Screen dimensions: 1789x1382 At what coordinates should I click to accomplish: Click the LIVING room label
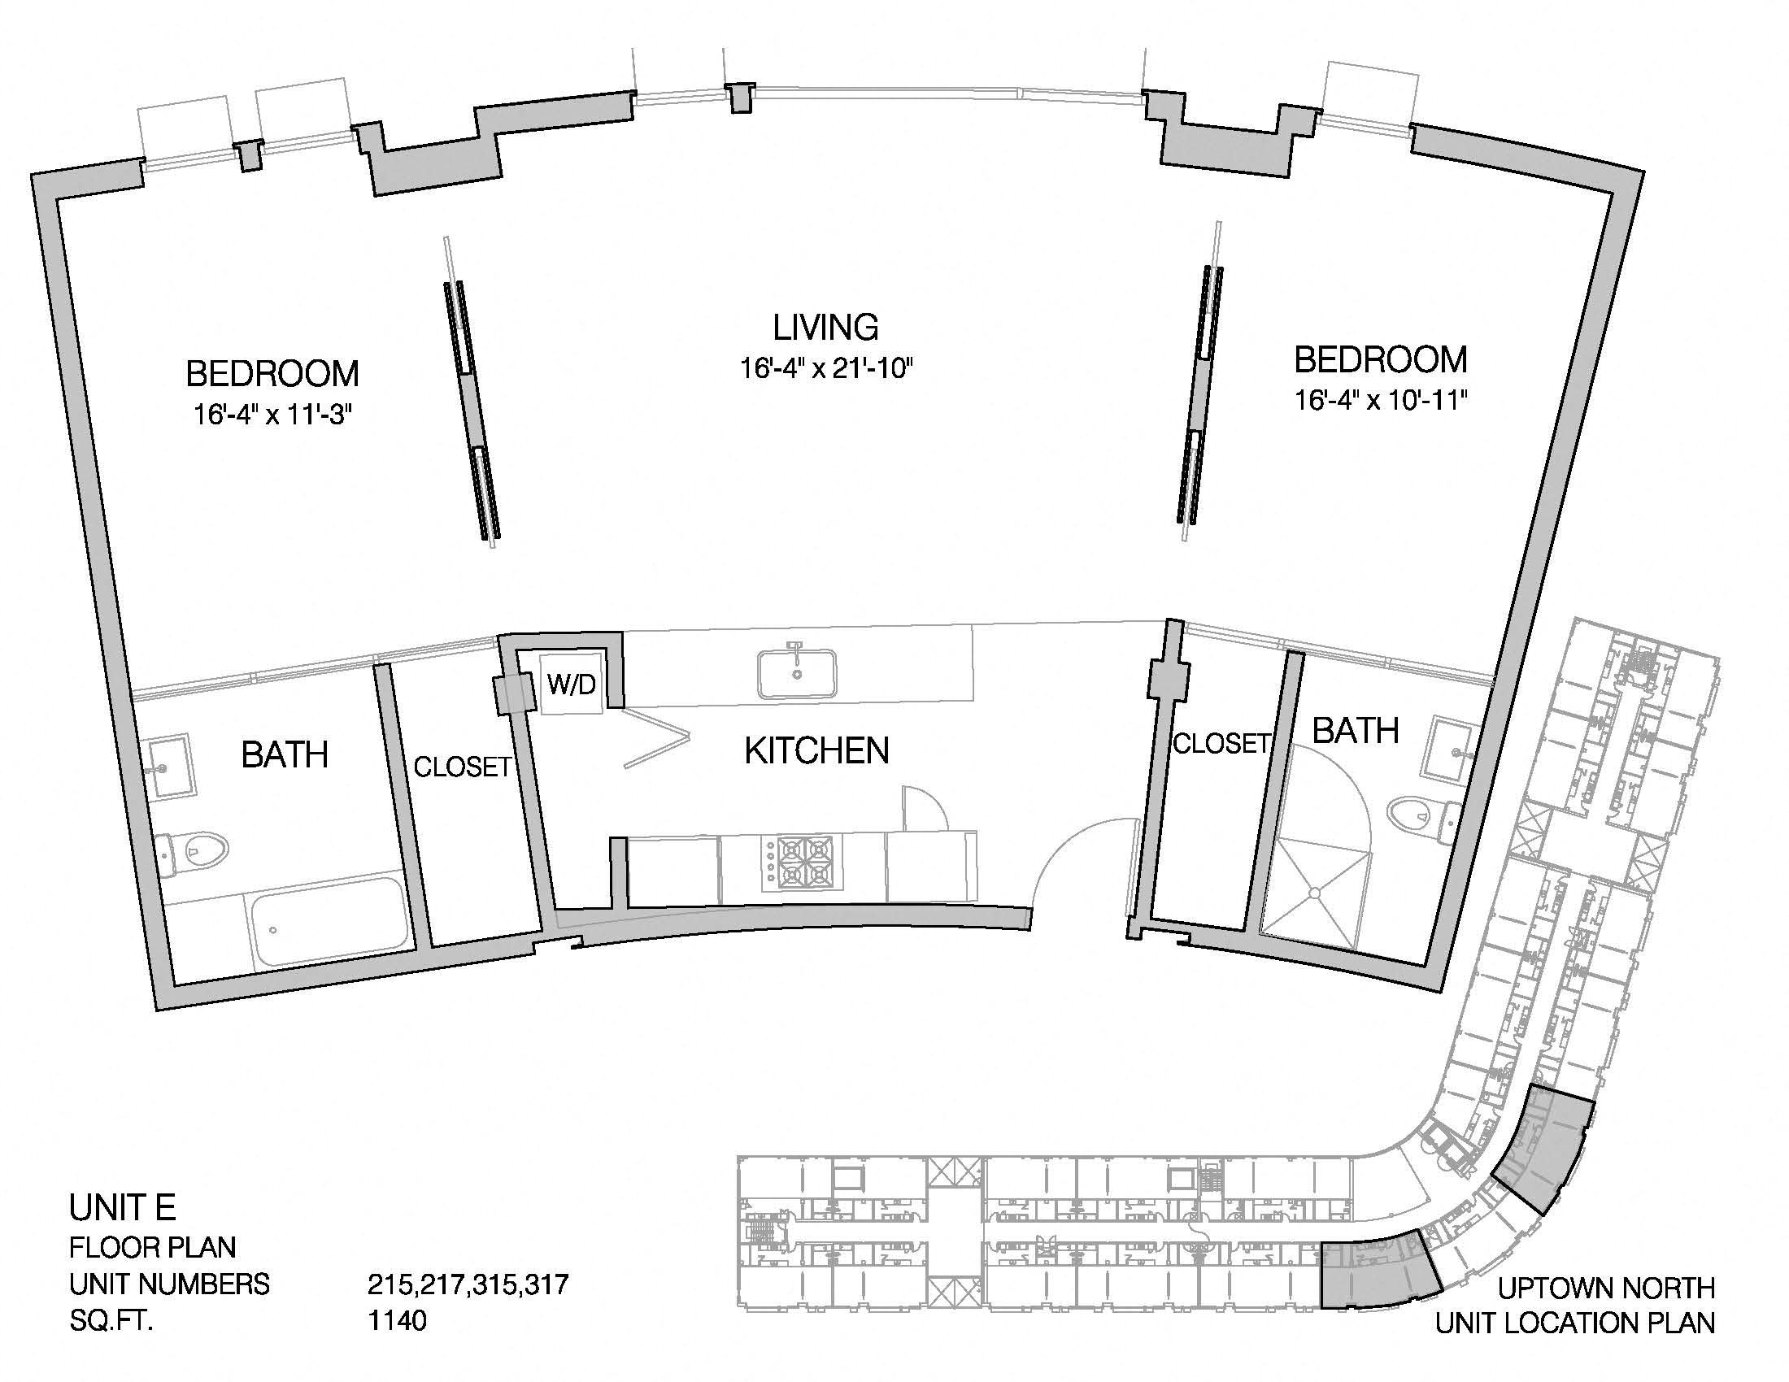[825, 327]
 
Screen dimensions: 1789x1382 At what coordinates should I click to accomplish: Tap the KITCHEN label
[816, 751]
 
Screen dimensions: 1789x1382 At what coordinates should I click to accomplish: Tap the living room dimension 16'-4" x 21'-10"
[826, 369]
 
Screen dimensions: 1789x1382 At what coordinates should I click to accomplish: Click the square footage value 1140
[398, 1320]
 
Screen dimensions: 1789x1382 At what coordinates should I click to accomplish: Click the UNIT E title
[122, 1207]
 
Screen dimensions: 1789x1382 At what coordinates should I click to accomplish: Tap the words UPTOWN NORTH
[1606, 1289]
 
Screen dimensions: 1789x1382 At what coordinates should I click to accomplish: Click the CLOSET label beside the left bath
[462, 767]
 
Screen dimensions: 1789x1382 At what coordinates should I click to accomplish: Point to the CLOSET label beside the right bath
[1221, 743]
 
